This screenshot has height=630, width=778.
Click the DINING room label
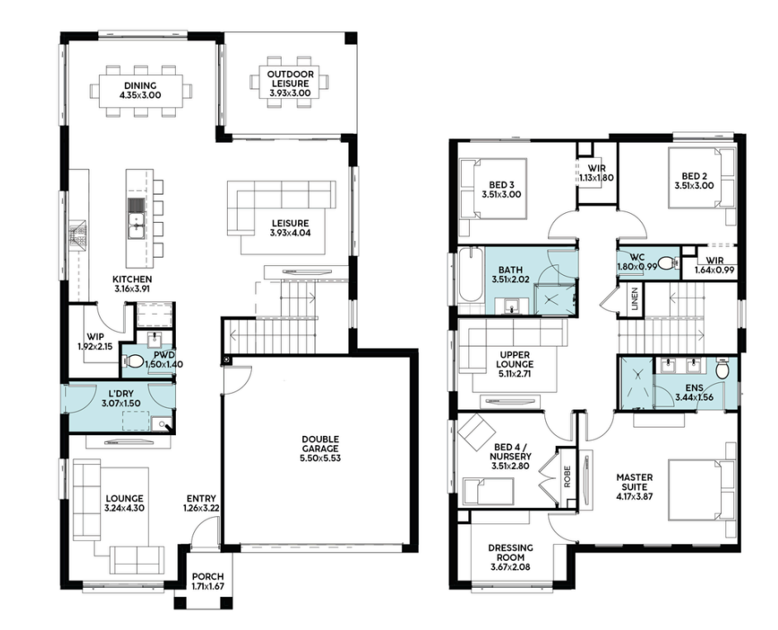(x=140, y=85)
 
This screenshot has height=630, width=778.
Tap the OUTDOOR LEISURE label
(x=290, y=79)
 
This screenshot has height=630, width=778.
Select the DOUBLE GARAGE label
(x=320, y=443)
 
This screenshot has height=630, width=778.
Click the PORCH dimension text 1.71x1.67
(x=208, y=586)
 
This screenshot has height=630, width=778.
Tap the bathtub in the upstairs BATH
(x=470, y=274)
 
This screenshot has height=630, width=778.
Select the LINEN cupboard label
(x=635, y=298)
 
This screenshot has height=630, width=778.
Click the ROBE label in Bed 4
(x=567, y=476)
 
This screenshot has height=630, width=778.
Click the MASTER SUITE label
(x=634, y=481)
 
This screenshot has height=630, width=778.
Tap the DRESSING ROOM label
(x=510, y=552)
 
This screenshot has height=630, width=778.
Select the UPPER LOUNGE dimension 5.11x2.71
(x=515, y=373)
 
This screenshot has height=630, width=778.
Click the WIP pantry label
(x=95, y=337)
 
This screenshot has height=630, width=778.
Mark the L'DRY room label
(x=121, y=394)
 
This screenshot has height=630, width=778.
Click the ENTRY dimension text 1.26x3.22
(x=201, y=508)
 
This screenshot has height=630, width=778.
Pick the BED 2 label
(x=694, y=176)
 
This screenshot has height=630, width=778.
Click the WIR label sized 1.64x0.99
(x=714, y=261)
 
